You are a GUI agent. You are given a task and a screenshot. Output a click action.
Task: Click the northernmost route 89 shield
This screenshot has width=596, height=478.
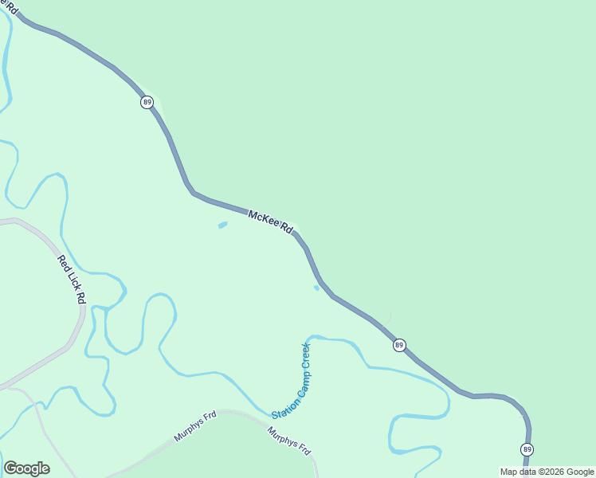[147, 102]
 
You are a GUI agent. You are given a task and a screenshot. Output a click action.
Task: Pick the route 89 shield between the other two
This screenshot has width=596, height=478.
[399, 345]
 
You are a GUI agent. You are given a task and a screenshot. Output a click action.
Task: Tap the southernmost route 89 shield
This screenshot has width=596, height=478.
[527, 449]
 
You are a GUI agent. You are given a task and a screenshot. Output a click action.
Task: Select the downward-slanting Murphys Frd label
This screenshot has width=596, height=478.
[288, 441]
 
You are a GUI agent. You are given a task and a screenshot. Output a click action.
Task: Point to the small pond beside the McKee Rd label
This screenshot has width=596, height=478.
[222, 225]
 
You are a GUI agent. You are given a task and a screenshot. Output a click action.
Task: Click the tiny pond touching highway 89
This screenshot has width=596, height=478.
[317, 288]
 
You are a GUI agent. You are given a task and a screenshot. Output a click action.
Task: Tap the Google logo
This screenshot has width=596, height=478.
[26, 468]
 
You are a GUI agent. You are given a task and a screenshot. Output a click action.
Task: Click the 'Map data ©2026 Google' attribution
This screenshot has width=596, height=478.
[547, 472]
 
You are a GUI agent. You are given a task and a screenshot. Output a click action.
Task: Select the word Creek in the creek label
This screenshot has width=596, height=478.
[305, 355]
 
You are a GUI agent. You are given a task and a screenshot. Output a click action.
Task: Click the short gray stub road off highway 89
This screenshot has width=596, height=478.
[388, 319]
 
